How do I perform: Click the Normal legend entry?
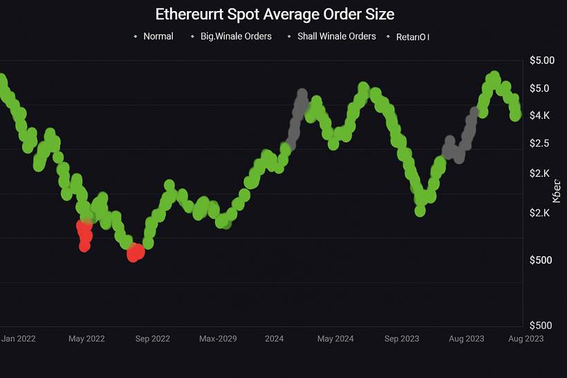(158, 36)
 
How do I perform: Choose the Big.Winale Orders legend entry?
(236, 36)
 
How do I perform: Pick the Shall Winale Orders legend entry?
(336, 36)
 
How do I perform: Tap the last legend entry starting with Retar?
(413, 37)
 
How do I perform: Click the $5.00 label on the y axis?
(542, 60)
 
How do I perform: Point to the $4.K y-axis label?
(539, 115)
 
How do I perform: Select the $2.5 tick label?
(539, 143)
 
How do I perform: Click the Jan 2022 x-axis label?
(19, 339)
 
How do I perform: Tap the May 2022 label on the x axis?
(86, 339)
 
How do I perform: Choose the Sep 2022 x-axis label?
(152, 339)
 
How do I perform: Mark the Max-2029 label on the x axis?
(219, 339)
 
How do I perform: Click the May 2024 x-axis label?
(335, 339)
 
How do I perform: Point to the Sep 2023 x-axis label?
(402, 339)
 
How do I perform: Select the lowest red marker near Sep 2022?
(135, 254)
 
